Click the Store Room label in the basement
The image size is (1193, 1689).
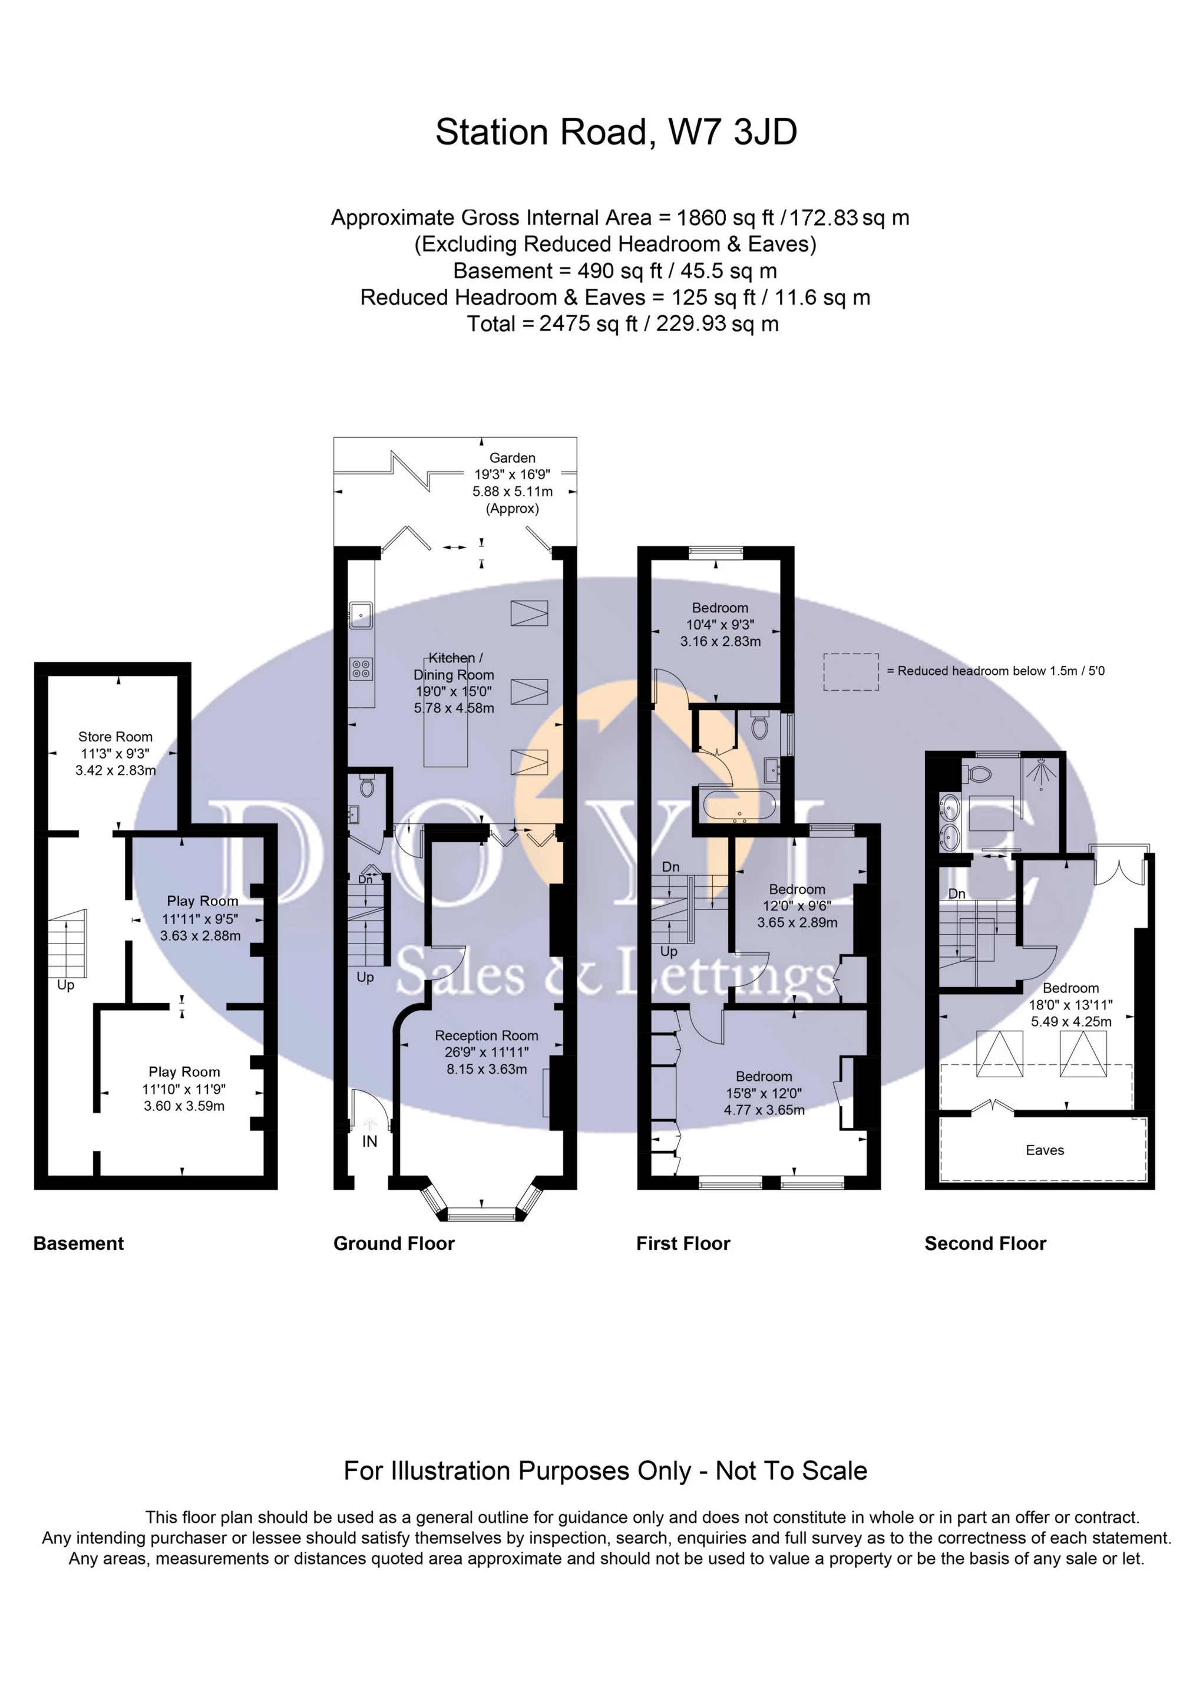coord(115,737)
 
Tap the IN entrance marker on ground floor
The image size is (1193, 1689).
coord(369,1141)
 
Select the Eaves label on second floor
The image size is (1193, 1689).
coord(1045,1150)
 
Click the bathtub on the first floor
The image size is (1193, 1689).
coord(738,807)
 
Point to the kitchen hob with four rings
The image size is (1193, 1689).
coord(361,669)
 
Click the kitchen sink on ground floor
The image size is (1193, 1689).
coord(361,614)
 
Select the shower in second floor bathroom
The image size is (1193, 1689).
coord(1042,773)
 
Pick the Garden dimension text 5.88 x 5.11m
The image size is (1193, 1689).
coord(513,491)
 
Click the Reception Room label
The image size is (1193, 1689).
coord(486,1035)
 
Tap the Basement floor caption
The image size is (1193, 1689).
coord(79,1243)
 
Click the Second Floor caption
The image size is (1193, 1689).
coord(985,1243)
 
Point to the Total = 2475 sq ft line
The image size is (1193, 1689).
coord(622,324)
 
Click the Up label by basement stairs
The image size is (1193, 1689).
coord(65,985)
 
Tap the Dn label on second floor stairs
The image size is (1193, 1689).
coord(956,894)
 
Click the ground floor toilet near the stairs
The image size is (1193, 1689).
coord(367,787)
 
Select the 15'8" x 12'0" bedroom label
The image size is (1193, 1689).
coord(764,1093)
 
